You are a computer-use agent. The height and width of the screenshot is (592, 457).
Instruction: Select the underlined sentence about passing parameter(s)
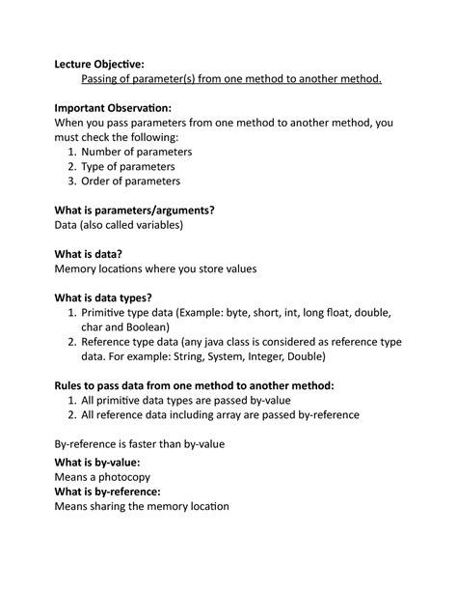pos(231,79)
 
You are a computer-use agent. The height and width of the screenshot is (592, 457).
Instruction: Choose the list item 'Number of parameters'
pos(136,152)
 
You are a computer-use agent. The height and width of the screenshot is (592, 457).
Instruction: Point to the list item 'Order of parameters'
pos(130,181)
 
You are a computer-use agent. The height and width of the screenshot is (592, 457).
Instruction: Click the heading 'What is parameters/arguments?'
pos(135,210)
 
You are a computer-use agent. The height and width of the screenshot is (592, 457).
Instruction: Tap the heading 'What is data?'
pos(89,253)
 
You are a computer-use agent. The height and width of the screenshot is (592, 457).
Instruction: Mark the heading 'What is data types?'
pos(103,297)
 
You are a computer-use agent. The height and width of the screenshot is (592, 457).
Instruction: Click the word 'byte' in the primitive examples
pos(255,313)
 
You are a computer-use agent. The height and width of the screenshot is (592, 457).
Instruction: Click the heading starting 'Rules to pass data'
pos(195,385)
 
